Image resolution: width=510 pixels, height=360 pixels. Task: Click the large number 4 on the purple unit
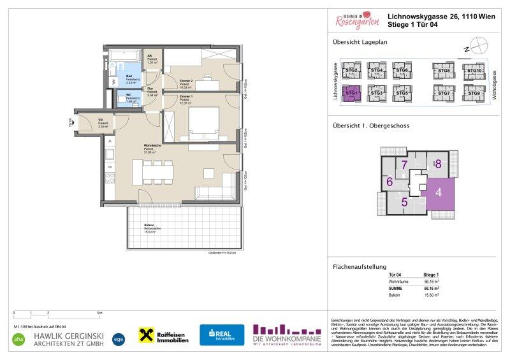pyautogui.click(x=438, y=191)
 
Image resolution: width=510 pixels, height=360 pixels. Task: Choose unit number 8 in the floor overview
pyautogui.click(x=438, y=163)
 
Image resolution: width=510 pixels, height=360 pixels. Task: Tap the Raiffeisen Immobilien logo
pyautogui.click(x=164, y=335)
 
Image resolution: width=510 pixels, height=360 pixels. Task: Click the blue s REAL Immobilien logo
pyautogui.click(x=222, y=336)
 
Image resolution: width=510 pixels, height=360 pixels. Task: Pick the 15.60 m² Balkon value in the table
pyautogui.click(x=432, y=295)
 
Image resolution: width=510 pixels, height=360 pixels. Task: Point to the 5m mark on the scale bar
pyautogui.click(x=99, y=313)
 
